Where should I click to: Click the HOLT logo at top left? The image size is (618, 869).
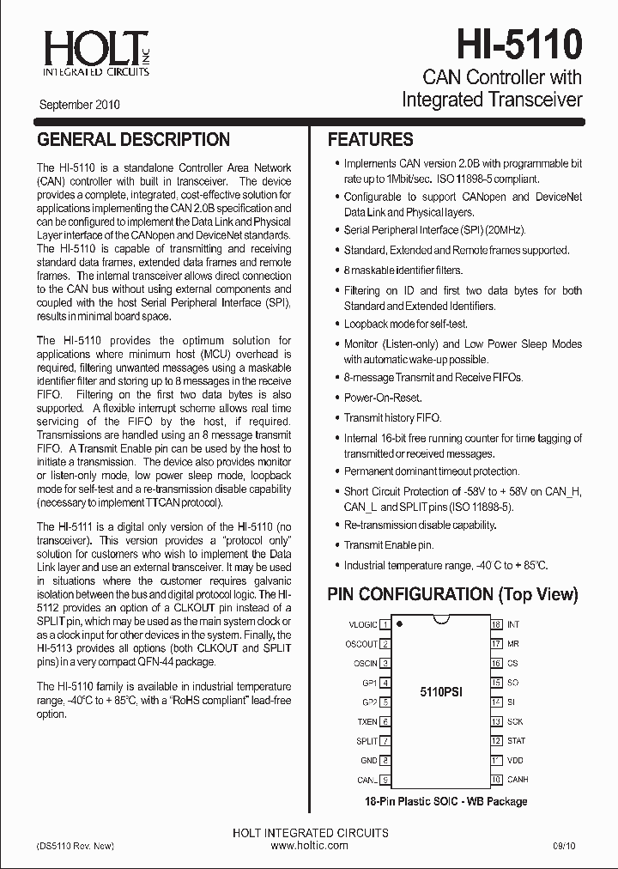[95, 52]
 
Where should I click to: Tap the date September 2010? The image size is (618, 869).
[79, 106]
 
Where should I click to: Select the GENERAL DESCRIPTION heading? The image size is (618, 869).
[133, 139]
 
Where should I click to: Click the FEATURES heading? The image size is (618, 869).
[371, 139]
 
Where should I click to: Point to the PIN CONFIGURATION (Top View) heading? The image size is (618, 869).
[453, 594]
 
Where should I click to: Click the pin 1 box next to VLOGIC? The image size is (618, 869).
[386, 625]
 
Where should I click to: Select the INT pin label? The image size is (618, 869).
[513, 624]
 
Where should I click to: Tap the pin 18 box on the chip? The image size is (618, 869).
[496, 624]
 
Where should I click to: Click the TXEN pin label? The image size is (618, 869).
[367, 722]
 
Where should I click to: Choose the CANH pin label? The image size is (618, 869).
[518, 780]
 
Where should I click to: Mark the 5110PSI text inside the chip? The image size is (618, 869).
[441, 692]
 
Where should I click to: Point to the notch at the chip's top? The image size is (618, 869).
[441, 619]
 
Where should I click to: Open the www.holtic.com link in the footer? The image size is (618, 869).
[310, 846]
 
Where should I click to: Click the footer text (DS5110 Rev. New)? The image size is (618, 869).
[76, 846]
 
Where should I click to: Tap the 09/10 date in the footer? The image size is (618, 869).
[564, 846]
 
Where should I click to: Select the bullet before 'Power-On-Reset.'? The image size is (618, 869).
[336, 398]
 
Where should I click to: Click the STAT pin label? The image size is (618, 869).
[517, 741]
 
